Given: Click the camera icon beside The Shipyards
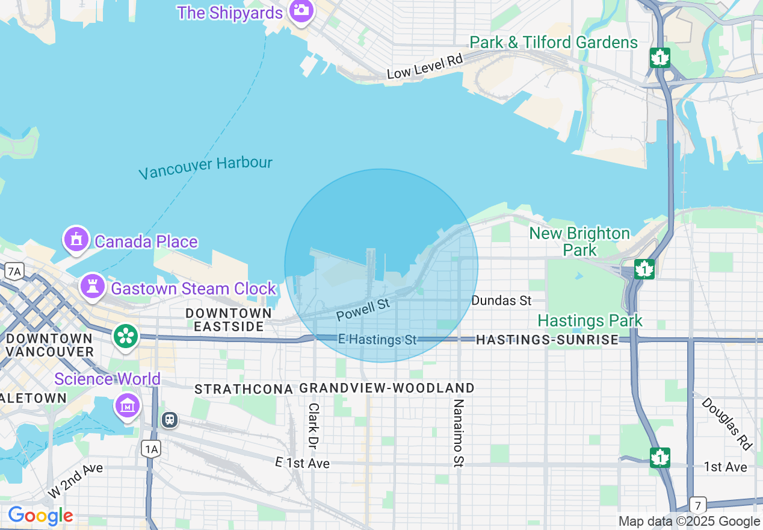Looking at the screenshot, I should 301,11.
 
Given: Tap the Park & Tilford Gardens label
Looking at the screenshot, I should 554,42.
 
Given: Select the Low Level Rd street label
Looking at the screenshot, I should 425,67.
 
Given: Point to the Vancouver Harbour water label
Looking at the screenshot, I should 205,167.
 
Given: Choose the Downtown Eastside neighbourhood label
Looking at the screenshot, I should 229,320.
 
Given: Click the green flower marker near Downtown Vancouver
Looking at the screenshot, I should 126,336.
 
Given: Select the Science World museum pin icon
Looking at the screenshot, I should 128,406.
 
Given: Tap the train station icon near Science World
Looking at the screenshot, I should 170,419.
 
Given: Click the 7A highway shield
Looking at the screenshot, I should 14,272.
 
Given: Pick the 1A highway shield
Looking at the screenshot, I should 152,448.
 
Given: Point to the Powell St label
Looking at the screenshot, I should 363,310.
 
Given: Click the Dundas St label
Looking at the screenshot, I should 501,300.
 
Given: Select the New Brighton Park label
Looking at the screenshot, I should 579,241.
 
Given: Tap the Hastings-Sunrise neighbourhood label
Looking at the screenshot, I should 547,340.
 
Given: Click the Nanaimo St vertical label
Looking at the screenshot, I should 459,432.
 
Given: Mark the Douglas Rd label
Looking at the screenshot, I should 727,423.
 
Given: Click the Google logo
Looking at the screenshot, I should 40,516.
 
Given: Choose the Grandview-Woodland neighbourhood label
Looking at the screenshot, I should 387,388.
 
